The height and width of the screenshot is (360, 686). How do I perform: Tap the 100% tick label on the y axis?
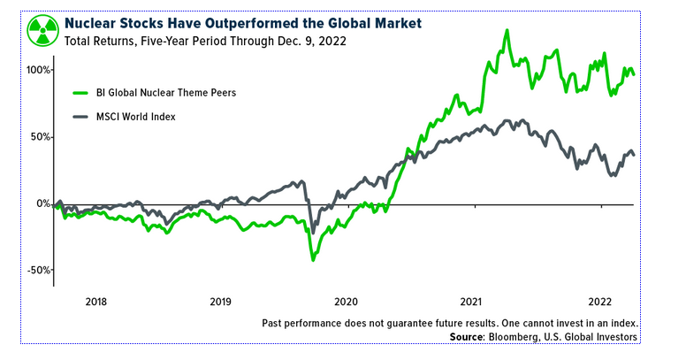(38, 70)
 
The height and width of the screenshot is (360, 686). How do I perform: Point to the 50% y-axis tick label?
(41, 137)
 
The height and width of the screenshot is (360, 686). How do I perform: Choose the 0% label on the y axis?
(44, 203)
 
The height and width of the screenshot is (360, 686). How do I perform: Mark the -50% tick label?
(39, 270)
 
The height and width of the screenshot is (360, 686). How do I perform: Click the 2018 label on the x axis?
(97, 302)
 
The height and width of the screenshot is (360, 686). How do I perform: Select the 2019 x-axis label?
(221, 302)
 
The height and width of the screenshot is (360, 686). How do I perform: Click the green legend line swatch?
(81, 92)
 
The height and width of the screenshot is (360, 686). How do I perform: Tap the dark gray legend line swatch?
(81, 117)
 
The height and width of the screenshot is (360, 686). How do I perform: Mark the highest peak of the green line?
(507, 31)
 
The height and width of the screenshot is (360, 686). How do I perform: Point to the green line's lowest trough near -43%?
(313, 260)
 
